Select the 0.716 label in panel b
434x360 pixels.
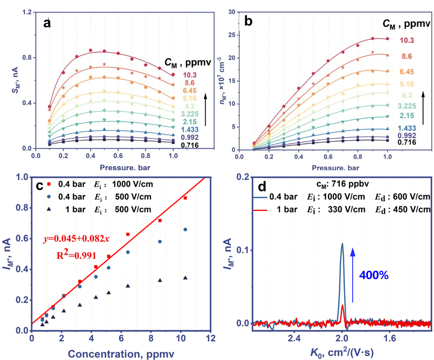click(408, 142)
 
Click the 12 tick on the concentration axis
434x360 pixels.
click(211, 338)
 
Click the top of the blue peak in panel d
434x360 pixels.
click(342, 244)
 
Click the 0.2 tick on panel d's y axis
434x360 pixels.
click(244, 177)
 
